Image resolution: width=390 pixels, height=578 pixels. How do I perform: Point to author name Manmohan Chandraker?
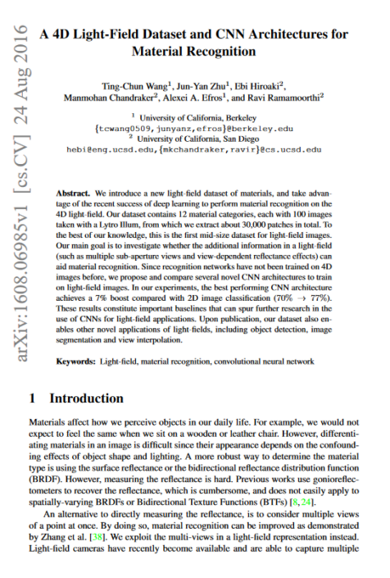pyautogui.click(x=107, y=98)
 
